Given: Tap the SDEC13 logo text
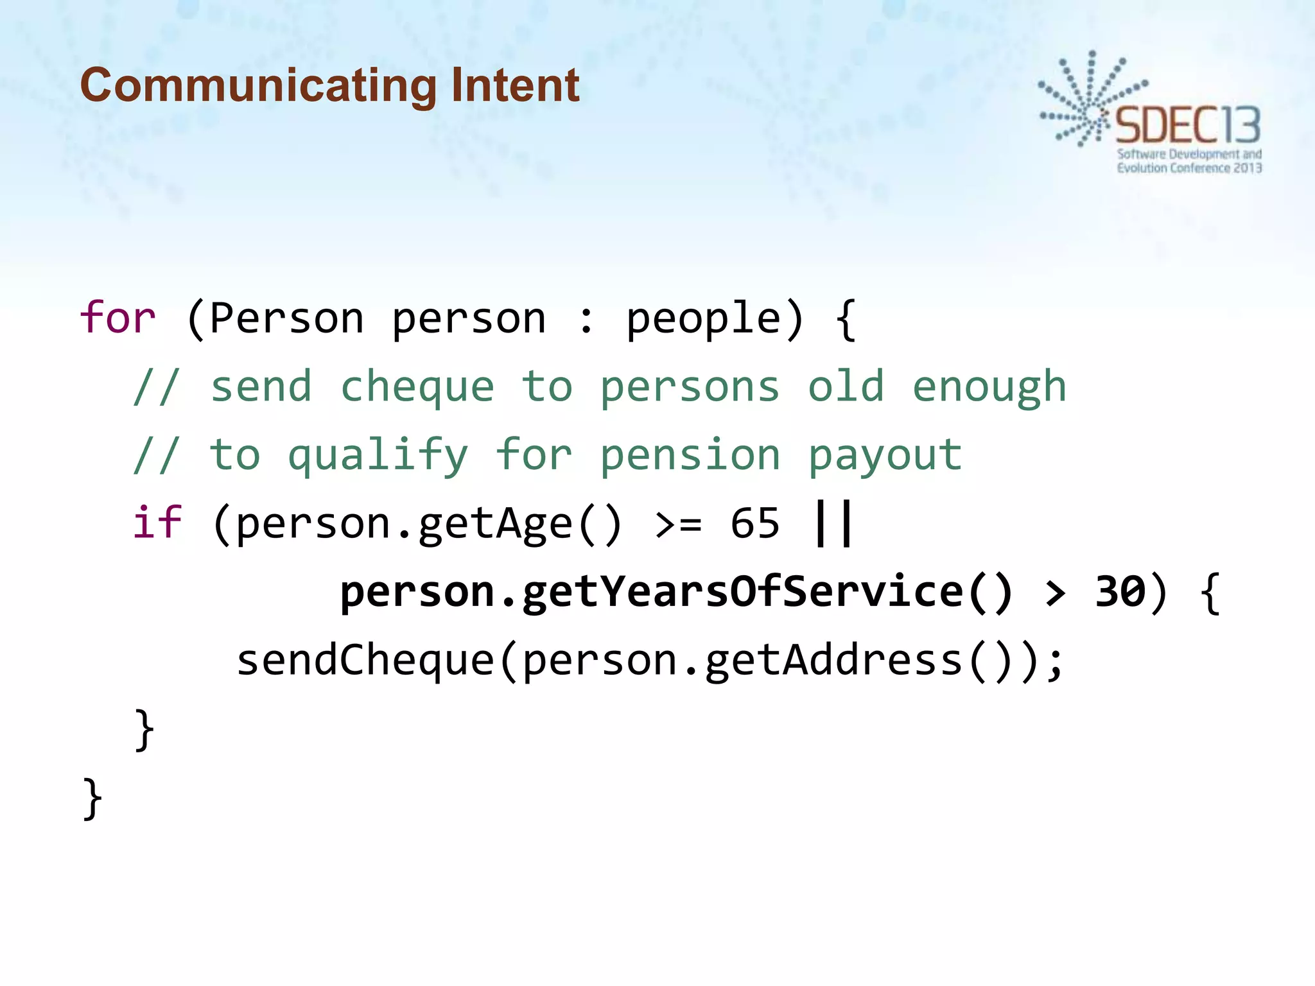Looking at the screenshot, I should [1188, 126].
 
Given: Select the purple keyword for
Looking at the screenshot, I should [118, 318].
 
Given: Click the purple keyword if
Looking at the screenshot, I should [157, 523].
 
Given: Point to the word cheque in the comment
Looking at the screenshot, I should [417, 388].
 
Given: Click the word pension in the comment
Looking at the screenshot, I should [690, 456].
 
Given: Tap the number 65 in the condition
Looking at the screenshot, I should [755, 523].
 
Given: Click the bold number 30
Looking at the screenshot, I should [1120, 591].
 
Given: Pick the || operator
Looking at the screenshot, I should [833, 523].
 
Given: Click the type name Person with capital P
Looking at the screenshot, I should [287, 318].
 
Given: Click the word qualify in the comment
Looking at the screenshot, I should [378, 456].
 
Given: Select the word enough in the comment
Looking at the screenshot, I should [989, 388].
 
